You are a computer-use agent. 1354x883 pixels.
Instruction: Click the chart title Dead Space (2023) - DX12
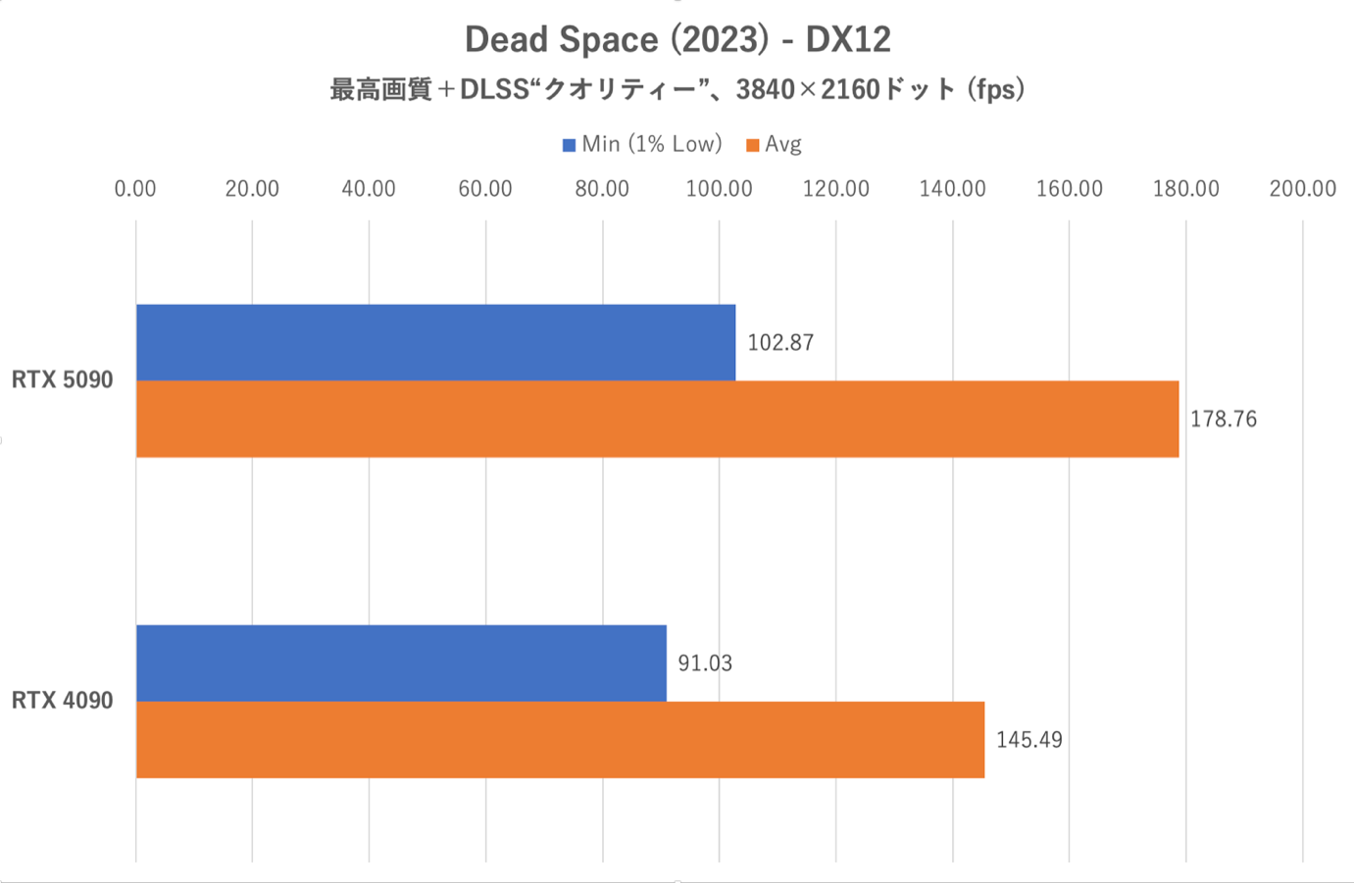tap(677, 40)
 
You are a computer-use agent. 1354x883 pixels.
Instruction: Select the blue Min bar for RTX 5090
tap(435, 342)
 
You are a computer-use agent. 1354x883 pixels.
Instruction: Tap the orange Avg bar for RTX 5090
tap(657, 418)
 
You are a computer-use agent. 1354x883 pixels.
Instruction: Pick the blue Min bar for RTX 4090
tap(401, 662)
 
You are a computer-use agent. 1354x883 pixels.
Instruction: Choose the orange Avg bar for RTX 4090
tap(560, 739)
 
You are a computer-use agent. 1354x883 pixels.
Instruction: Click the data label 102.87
tap(780, 343)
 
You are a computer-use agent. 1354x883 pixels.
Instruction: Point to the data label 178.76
tap(1223, 419)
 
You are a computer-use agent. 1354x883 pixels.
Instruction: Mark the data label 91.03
tap(705, 663)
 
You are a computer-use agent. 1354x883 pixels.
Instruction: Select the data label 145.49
tap(1028, 740)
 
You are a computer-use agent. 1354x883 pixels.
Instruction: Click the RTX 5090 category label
tap(63, 380)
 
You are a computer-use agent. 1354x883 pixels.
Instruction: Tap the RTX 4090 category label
tap(63, 701)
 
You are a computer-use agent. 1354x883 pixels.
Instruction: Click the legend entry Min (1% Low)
tap(642, 145)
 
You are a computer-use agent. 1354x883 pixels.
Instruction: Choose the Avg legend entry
tap(775, 145)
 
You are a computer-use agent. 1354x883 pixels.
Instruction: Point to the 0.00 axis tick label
tap(135, 189)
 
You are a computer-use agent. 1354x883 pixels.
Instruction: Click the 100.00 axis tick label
tap(719, 189)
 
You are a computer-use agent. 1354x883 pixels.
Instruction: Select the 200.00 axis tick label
tap(1302, 189)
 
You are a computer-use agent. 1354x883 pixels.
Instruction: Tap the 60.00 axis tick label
tap(485, 189)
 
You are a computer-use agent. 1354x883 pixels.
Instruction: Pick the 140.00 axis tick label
tap(952, 189)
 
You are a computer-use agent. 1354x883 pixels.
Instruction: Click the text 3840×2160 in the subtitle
tap(808, 90)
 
